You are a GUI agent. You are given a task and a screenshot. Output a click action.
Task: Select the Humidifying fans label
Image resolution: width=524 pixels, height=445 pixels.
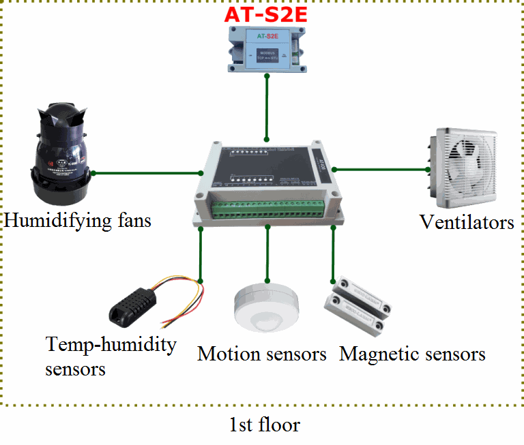click(x=77, y=221)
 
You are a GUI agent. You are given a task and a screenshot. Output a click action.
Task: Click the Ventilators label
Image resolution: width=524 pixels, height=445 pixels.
click(x=467, y=223)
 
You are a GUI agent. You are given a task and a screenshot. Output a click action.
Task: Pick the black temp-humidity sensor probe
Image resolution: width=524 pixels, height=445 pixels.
click(x=133, y=308)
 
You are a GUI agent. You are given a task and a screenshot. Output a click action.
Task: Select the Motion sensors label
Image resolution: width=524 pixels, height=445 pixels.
click(x=262, y=354)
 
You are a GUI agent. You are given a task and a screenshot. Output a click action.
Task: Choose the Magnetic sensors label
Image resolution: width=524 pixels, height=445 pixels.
click(x=413, y=354)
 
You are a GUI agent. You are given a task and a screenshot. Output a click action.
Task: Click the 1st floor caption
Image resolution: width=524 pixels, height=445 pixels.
click(x=264, y=425)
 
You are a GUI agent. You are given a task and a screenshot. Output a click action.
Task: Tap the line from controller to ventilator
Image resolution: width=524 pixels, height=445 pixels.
click(x=382, y=168)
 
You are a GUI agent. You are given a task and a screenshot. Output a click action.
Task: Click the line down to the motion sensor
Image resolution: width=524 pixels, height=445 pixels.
click(x=267, y=256)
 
